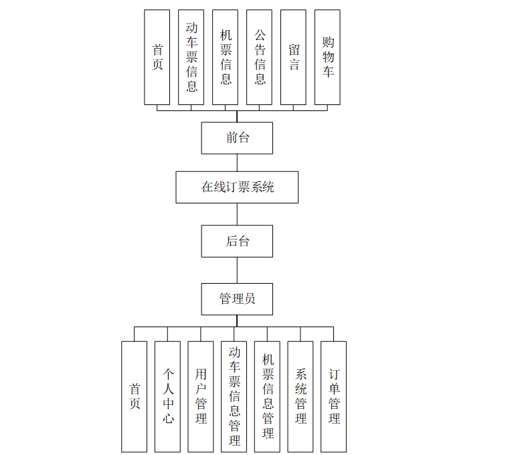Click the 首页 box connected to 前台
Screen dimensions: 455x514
coord(157,58)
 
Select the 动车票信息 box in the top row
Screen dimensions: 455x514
coord(191,58)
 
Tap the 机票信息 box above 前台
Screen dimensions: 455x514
coord(226,58)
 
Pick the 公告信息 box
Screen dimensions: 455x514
coord(260,58)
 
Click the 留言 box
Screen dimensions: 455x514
coord(293,58)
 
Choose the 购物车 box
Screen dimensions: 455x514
coord(327,58)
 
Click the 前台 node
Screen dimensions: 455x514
coord(237,138)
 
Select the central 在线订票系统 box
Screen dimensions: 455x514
coord(237,187)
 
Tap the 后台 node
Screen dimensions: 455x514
coord(237,241)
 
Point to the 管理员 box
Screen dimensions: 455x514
coord(237,299)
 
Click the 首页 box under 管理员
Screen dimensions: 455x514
coord(134,396)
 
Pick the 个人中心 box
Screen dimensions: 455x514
coord(167,396)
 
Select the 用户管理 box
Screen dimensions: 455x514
coord(201,396)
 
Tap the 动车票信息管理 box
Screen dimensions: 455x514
coord(234,396)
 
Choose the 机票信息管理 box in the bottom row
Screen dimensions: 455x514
coord(267,396)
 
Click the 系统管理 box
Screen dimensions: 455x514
coord(301,396)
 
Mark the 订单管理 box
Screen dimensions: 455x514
coord(333,396)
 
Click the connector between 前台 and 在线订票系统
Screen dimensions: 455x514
coord(237,163)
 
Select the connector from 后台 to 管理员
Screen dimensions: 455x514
coord(237,270)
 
